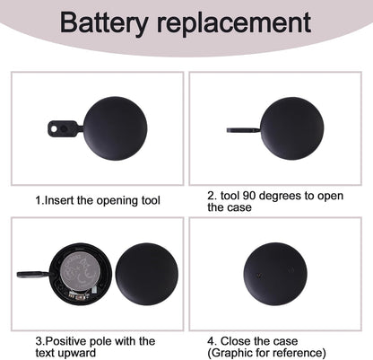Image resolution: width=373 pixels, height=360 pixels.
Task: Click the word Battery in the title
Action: (104, 23)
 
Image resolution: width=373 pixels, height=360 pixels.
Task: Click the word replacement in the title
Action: (234, 22)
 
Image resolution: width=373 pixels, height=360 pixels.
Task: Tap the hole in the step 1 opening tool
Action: (54, 128)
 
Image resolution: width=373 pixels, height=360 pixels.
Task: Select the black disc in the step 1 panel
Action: (116, 128)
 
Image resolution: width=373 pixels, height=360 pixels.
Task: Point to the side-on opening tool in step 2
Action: (243, 130)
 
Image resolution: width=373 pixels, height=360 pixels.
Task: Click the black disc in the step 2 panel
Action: (292, 128)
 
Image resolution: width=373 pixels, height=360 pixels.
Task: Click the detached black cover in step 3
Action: (147, 274)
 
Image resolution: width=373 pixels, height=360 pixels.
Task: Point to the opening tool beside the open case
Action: (34, 274)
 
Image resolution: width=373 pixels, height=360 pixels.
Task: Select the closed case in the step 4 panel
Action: (275, 274)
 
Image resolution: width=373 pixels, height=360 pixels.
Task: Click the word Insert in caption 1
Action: (59, 200)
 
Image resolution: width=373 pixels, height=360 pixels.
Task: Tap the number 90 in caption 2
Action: (249, 196)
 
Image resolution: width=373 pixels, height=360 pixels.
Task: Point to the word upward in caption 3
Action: (77, 353)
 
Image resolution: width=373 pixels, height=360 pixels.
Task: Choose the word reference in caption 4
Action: (299, 353)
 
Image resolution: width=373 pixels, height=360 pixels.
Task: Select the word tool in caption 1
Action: (151, 200)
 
